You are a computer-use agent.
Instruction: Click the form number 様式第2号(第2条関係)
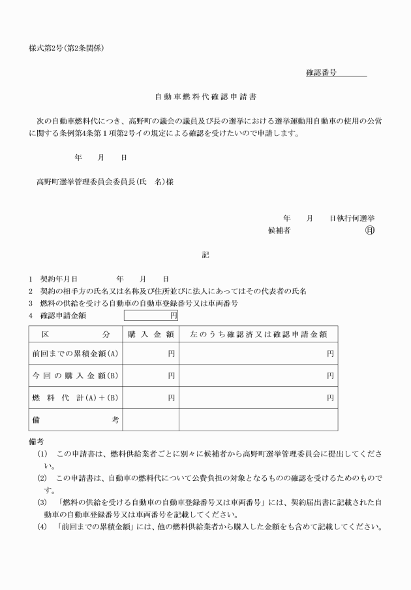pyautogui.click(x=67, y=48)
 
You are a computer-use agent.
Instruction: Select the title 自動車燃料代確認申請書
pyautogui.click(x=205, y=97)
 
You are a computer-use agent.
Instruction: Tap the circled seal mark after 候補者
pyautogui.click(x=370, y=231)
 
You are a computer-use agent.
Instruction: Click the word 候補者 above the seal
pyautogui.click(x=279, y=231)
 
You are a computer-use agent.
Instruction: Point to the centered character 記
pyautogui.click(x=205, y=256)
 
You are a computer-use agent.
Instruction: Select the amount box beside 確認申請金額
pyautogui.click(x=151, y=316)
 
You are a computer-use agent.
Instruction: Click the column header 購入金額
pyautogui.click(x=151, y=333)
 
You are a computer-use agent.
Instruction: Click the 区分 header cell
pyautogui.click(x=76, y=333)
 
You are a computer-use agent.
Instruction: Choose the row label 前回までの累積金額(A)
pyautogui.click(x=76, y=353)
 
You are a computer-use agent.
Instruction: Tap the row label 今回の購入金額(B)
pyautogui.click(x=76, y=376)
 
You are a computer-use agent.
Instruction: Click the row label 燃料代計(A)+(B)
pyautogui.click(x=76, y=397)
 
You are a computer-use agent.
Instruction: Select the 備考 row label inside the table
pyautogui.click(x=76, y=419)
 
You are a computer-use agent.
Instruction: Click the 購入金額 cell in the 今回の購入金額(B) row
pyautogui.click(x=151, y=376)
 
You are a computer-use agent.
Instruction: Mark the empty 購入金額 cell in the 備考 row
pyautogui.click(x=151, y=419)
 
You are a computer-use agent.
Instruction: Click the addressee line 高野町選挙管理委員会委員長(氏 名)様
pyautogui.click(x=104, y=182)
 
